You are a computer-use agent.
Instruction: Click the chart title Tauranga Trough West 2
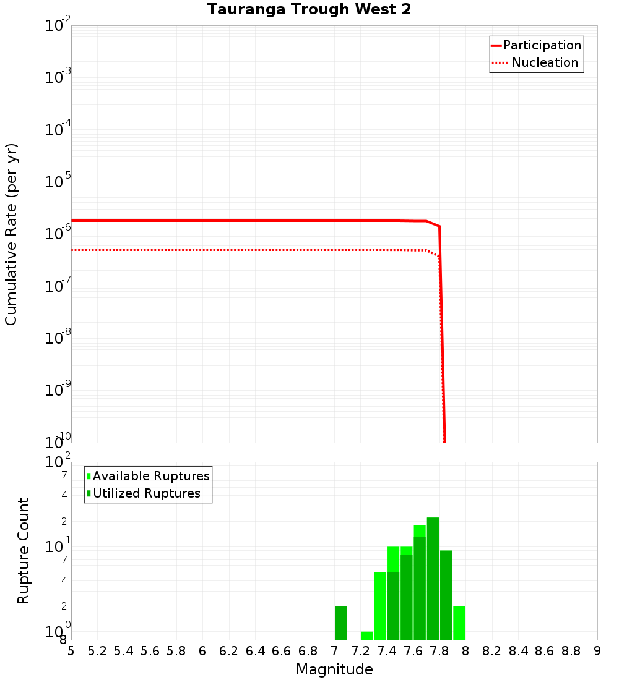(309, 9)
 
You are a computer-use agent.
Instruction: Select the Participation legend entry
(542, 45)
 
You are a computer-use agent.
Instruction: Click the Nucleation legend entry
(544, 62)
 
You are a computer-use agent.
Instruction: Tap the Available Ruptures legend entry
(151, 476)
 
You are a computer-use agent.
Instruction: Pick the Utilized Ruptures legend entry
(146, 493)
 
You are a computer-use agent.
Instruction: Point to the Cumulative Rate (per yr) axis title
(11, 234)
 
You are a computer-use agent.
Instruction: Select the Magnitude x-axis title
(334, 669)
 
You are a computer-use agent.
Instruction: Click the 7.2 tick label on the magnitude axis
(360, 651)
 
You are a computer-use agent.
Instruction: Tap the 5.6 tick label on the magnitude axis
(150, 651)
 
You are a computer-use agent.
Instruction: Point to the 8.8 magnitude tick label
(571, 651)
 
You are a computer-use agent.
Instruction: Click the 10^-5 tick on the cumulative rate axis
(58, 181)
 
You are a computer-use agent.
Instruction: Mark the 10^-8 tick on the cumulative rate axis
(58, 338)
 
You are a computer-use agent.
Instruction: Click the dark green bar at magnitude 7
(340, 623)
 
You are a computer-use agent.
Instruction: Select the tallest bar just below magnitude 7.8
(433, 579)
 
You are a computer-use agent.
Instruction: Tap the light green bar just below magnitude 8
(459, 623)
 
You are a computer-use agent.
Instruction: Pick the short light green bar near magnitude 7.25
(367, 635)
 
